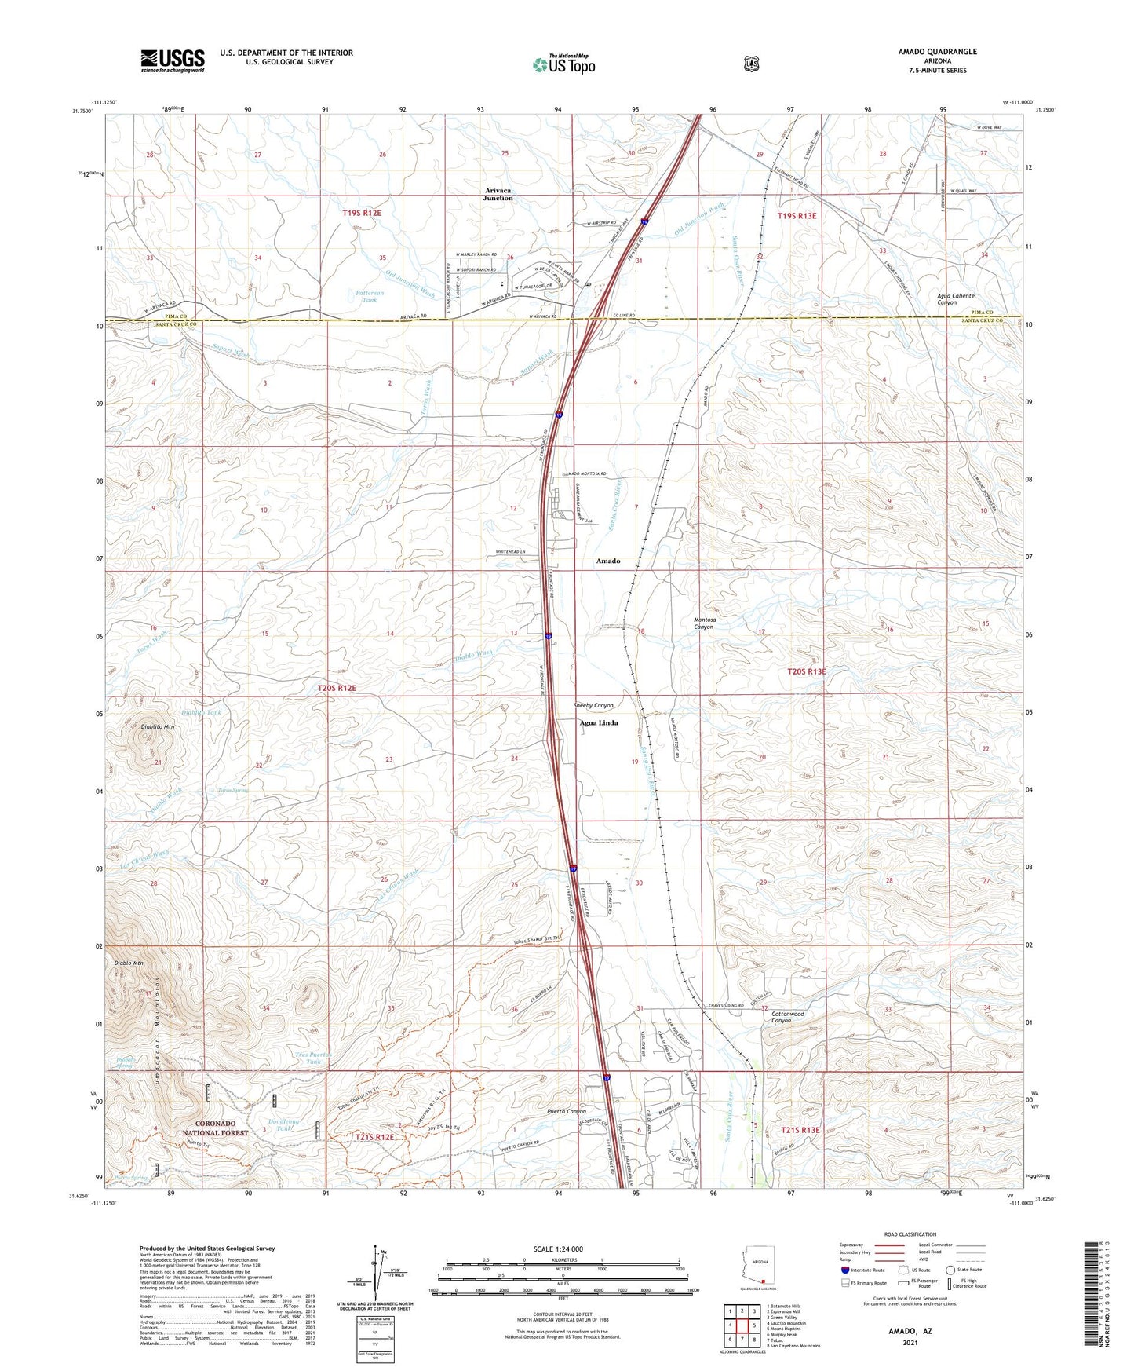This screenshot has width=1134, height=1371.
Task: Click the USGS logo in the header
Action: (173, 60)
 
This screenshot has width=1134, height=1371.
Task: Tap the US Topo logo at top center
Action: (562, 64)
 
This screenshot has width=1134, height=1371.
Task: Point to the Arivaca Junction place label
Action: (498, 194)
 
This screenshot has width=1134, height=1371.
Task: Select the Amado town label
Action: (607, 561)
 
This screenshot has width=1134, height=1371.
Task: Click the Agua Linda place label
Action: (599, 723)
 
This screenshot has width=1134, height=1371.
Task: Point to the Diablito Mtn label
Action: (158, 727)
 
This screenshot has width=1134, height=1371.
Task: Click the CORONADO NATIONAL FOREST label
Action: (215, 1128)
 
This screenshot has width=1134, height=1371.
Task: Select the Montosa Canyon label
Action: (704, 623)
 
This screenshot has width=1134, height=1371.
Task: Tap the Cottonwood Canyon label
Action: (787, 1017)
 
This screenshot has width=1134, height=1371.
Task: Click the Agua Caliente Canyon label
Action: (956, 299)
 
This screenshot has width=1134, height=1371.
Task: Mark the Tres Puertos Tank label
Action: (314, 1057)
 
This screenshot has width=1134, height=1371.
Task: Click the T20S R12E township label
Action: (337, 688)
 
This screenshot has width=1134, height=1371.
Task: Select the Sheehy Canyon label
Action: (593, 705)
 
